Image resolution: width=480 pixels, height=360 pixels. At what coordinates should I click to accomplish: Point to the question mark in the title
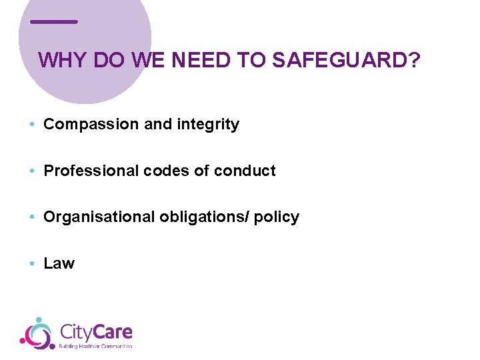[415, 61]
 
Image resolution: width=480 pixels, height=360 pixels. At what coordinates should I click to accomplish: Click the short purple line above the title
[54, 22]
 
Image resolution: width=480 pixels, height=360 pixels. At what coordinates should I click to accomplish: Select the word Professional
[91, 171]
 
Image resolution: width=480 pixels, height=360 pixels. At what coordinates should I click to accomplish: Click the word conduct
[245, 171]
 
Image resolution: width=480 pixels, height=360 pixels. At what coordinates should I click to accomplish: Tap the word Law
[59, 263]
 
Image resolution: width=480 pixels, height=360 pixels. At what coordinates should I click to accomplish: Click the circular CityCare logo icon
[37, 333]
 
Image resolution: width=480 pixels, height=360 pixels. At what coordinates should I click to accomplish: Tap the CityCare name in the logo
[96, 331]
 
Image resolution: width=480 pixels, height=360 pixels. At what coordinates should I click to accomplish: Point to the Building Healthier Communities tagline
[96, 346]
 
